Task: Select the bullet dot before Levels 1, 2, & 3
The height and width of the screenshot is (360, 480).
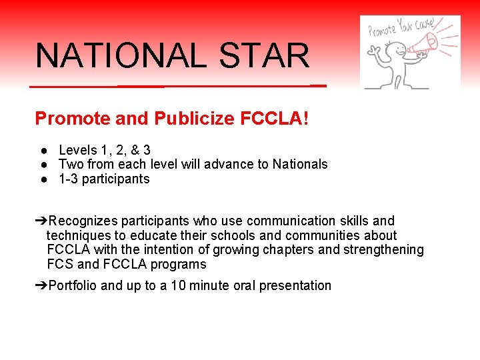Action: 42,150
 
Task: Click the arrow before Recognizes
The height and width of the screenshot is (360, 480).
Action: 41,221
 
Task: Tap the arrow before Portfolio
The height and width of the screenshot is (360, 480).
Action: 41,285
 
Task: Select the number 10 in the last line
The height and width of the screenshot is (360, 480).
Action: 178,285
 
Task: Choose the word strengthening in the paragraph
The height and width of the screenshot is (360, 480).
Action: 383,250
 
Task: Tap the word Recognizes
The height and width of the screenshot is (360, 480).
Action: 83,221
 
